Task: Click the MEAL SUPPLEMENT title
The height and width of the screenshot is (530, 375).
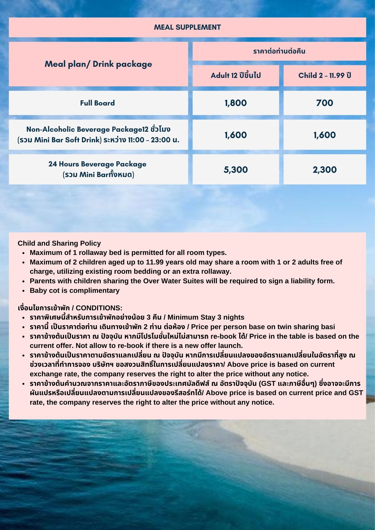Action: (x=187, y=27)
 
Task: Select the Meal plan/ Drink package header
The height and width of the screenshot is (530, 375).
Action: (x=98, y=64)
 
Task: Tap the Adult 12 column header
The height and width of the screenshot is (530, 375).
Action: (x=236, y=76)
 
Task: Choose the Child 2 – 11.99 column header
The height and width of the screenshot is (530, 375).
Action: (x=325, y=76)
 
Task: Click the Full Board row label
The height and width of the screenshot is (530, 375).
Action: (x=98, y=103)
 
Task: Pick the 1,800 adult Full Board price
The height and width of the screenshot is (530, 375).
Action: (x=236, y=103)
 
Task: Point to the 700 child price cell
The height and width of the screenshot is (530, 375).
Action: (x=325, y=103)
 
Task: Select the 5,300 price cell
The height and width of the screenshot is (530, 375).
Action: (x=236, y=170)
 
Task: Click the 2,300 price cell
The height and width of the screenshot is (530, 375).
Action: (x=325, y=170)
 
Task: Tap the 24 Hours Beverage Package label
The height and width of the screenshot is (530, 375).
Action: (x=97, y=164)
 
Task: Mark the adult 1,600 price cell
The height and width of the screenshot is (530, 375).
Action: (x=236, y=135)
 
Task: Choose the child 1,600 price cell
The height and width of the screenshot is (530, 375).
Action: (x=325, y=135)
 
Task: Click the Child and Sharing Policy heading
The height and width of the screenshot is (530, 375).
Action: (x=59, y=243)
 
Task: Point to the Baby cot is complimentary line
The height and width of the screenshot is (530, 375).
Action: (x=75, y=290)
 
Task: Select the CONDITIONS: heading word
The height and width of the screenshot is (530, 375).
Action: (x=99, y=308)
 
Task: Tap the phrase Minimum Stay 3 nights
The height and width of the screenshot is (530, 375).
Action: (x=206, y=317)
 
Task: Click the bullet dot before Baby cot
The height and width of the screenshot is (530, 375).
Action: (x=24, y=291)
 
